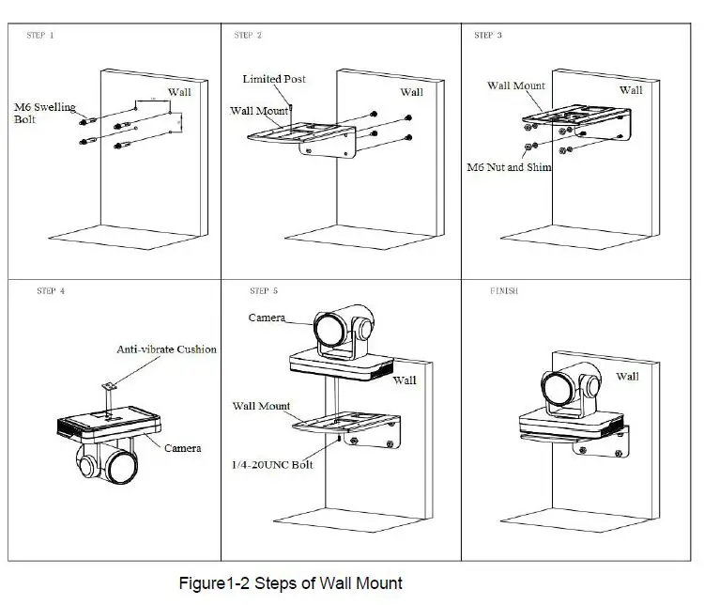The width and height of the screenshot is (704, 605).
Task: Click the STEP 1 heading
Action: pyautogui.click(x=40, y=35)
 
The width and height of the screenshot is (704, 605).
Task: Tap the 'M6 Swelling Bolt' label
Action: pyautogui.click(x=44, y=113)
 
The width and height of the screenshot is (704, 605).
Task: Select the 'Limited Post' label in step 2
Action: pyautogui.click(x=274, y=79)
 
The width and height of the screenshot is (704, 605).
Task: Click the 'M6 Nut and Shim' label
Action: pyautogui.click(x=509, y=167)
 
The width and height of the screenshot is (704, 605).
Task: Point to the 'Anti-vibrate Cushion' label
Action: pyautogui.click(x=166, y=349)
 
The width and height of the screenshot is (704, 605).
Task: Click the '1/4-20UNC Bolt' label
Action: pyautogui.click(x=272, y=465)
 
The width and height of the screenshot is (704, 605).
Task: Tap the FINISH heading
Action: pyautogui.click(x=504, y=291)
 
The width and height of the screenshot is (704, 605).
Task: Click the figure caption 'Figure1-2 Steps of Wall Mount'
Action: pyautogui.click(x=290, y=583)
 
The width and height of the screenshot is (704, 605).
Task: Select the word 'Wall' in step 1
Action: pyautogui.click(x=179, y=92)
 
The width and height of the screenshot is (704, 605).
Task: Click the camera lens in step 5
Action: pyautogui.click(x=329, y=330)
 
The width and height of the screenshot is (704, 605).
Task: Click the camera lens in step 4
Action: pyautogui.click(x=121, y=468)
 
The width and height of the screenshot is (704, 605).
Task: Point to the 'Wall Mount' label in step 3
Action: pyautogui.click(x=516, y=85)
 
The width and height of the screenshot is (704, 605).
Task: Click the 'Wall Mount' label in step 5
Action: pyautogui.click(x=261, y=406)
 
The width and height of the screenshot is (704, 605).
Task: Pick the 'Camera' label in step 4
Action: pyautogui.click(x=182, y=448)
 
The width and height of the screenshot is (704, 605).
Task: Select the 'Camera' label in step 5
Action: pyautogui.click(x=267, y=318)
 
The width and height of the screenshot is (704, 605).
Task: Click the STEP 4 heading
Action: pyautogui.click(x=51, y=291)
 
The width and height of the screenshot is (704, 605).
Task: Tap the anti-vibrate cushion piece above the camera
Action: pyautogui.click(x=109, y=386)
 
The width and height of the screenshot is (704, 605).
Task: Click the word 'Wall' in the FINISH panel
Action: pyautogui.click(x=627, y=376)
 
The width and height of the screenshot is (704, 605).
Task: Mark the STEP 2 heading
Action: pyautogui.click(x=248, y=35)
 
